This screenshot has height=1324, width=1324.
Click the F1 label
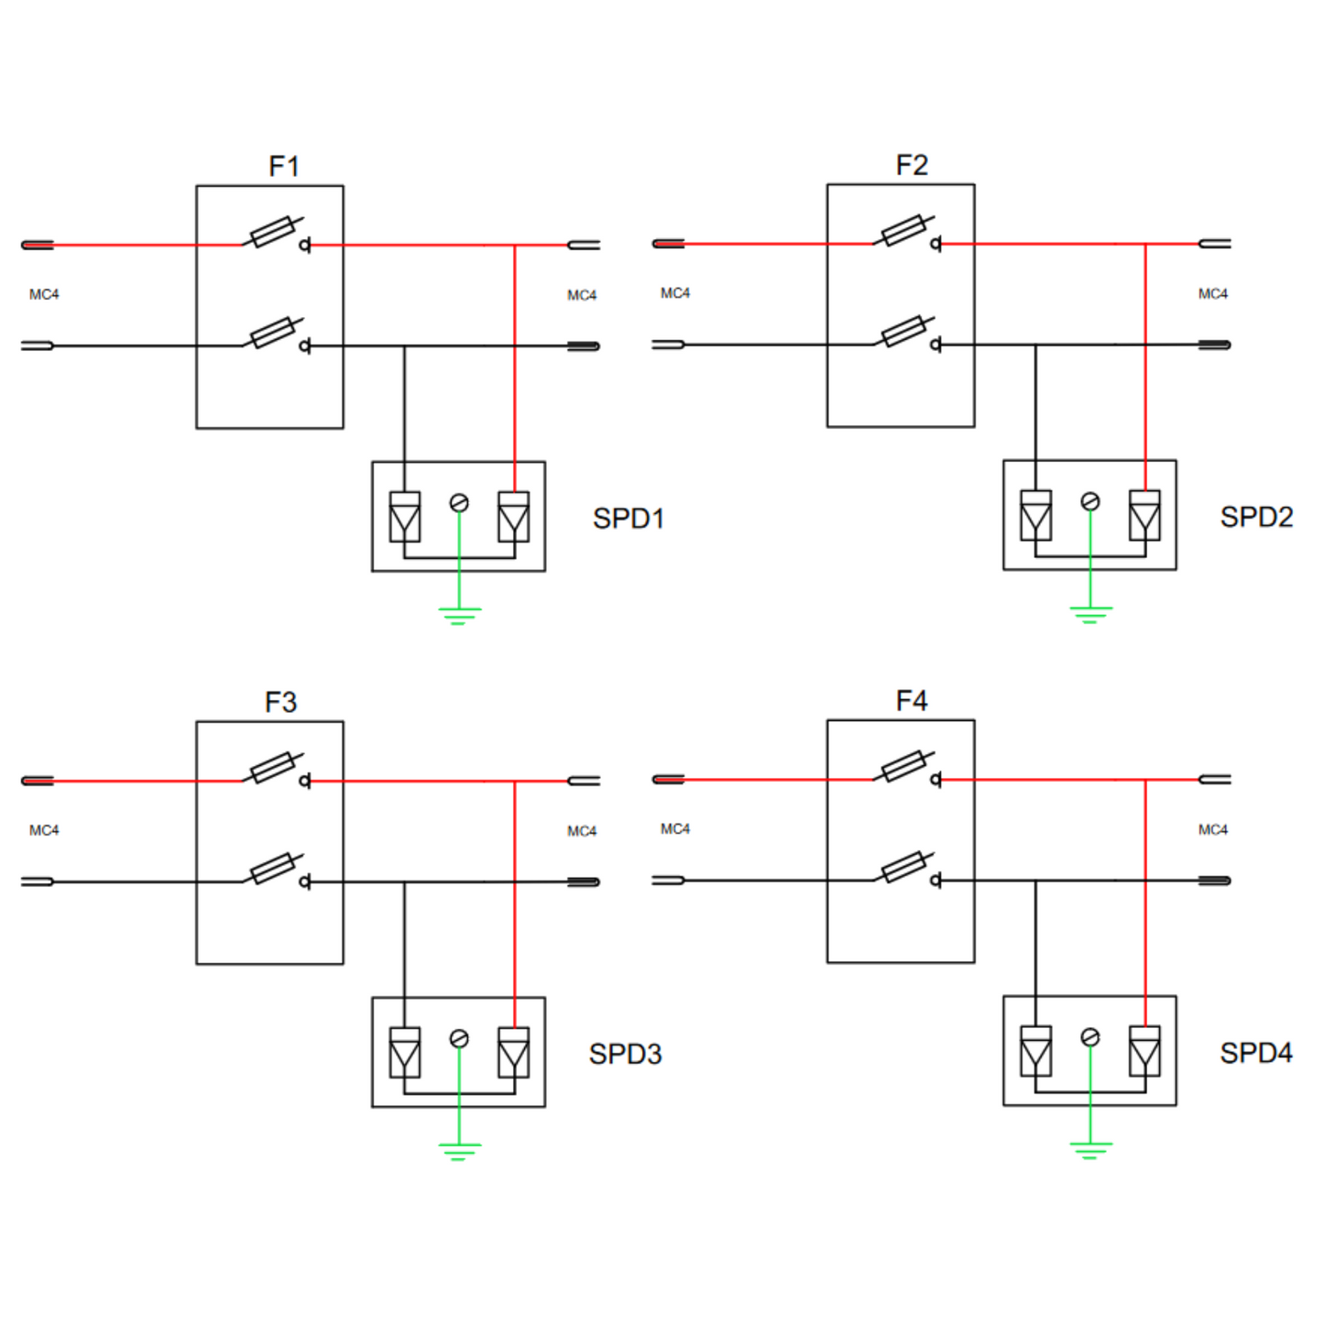[283, 167]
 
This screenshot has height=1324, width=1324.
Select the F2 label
[912, 165]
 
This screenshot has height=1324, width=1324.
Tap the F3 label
[280, 703]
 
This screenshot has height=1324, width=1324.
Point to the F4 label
[912, 701]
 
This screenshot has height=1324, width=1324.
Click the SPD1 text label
[628, 519]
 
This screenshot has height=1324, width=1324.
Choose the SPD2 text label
[1256, 517]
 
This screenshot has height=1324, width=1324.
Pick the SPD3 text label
[625, 1054]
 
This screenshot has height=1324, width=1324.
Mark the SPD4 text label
[1256, 1053]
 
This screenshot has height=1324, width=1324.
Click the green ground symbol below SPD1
[459, 615]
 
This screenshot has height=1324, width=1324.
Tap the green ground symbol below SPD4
[1089, 1150]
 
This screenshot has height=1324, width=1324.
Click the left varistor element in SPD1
[405, 517]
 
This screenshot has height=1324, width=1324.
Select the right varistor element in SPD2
[1144, 515]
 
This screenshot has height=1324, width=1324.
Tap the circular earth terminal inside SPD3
[459, 1038]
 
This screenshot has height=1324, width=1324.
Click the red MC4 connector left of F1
[38, 245]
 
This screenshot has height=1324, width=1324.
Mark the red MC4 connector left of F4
[668, 780]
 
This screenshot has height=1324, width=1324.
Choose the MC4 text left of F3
[44, 830]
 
